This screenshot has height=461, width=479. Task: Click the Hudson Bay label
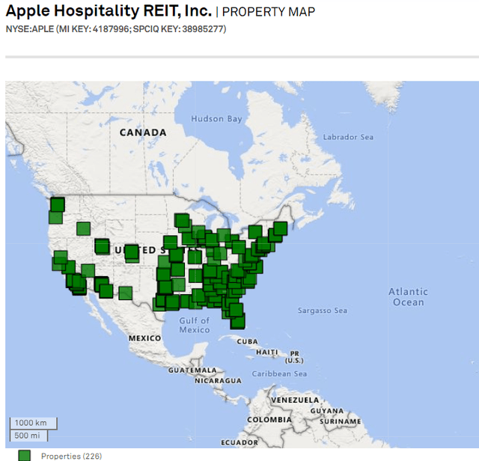pos(216,119)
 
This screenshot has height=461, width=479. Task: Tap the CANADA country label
pos(142,132)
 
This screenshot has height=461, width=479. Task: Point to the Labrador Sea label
pos(347,138)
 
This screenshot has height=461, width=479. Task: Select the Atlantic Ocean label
pos(408,297)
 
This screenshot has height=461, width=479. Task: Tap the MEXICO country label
pos(144,338)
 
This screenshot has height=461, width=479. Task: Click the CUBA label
pos(247,341)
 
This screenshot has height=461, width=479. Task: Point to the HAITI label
pos(267,352)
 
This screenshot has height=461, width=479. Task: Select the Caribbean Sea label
pos(278,373)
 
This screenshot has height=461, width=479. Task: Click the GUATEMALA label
pos(186,370)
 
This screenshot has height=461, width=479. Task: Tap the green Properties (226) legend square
pos(25,455)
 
